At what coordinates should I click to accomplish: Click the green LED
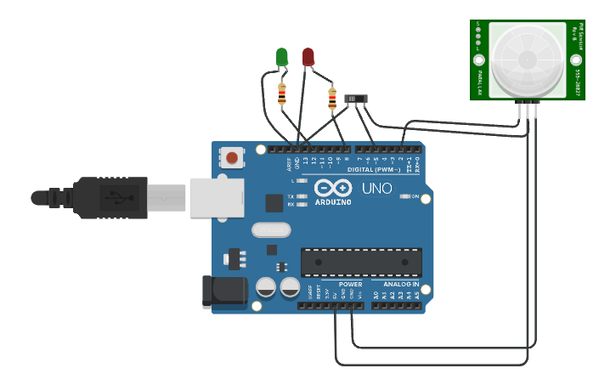[x=281, y=57]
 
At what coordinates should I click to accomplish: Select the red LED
[x=308, y=57]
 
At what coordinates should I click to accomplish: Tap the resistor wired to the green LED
[x=282, y=93]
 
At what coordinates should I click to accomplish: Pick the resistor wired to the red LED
[x=332, y=99]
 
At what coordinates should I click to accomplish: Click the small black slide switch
[x=357, y=99]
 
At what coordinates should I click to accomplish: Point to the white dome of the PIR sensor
[x=527, y=59]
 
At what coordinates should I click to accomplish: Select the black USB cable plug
[x=110, y=197]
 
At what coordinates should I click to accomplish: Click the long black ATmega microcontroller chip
[x=361, y=262]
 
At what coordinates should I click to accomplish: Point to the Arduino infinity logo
[x=333, y=188]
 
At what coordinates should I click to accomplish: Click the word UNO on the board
[x=377, y=188]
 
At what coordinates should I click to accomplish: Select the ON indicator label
[x=415, y=196]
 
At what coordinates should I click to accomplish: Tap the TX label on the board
[x=291, y=196]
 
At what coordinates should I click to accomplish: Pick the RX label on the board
[x=291, y=205]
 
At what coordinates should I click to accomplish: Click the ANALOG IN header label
[x=400, y=284]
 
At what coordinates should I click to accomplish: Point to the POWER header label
[x=350, y=284]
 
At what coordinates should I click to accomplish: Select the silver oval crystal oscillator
[x=271, y=229]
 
